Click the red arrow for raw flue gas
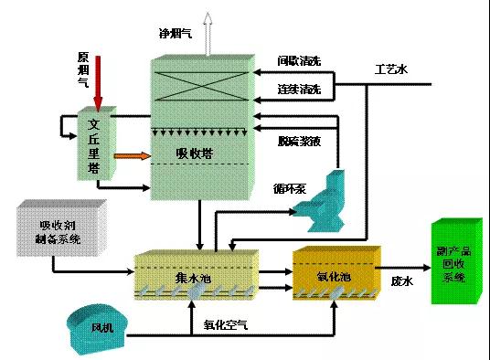tap(98, 79)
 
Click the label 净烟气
tap(176, 33)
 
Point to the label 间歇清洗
tap(300, 61)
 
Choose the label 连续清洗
tap(300, 89)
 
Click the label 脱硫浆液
tap(299, 141)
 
